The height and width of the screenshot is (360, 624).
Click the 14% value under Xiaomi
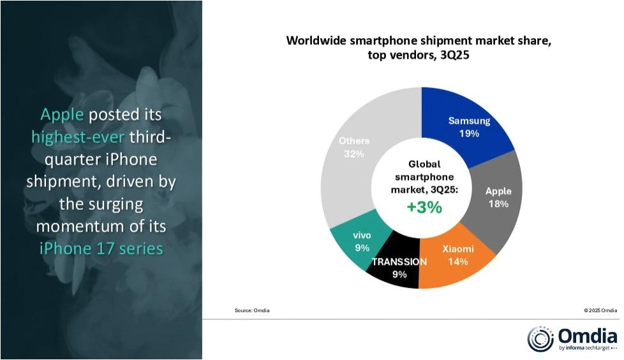(x=457, y=262)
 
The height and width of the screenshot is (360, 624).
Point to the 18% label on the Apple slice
(x=498, y=204)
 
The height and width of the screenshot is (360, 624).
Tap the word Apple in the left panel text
(x=62, y=115)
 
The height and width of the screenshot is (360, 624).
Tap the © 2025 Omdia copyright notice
(x=601, y=310)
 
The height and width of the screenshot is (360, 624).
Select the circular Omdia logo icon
(x=540, y=339)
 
